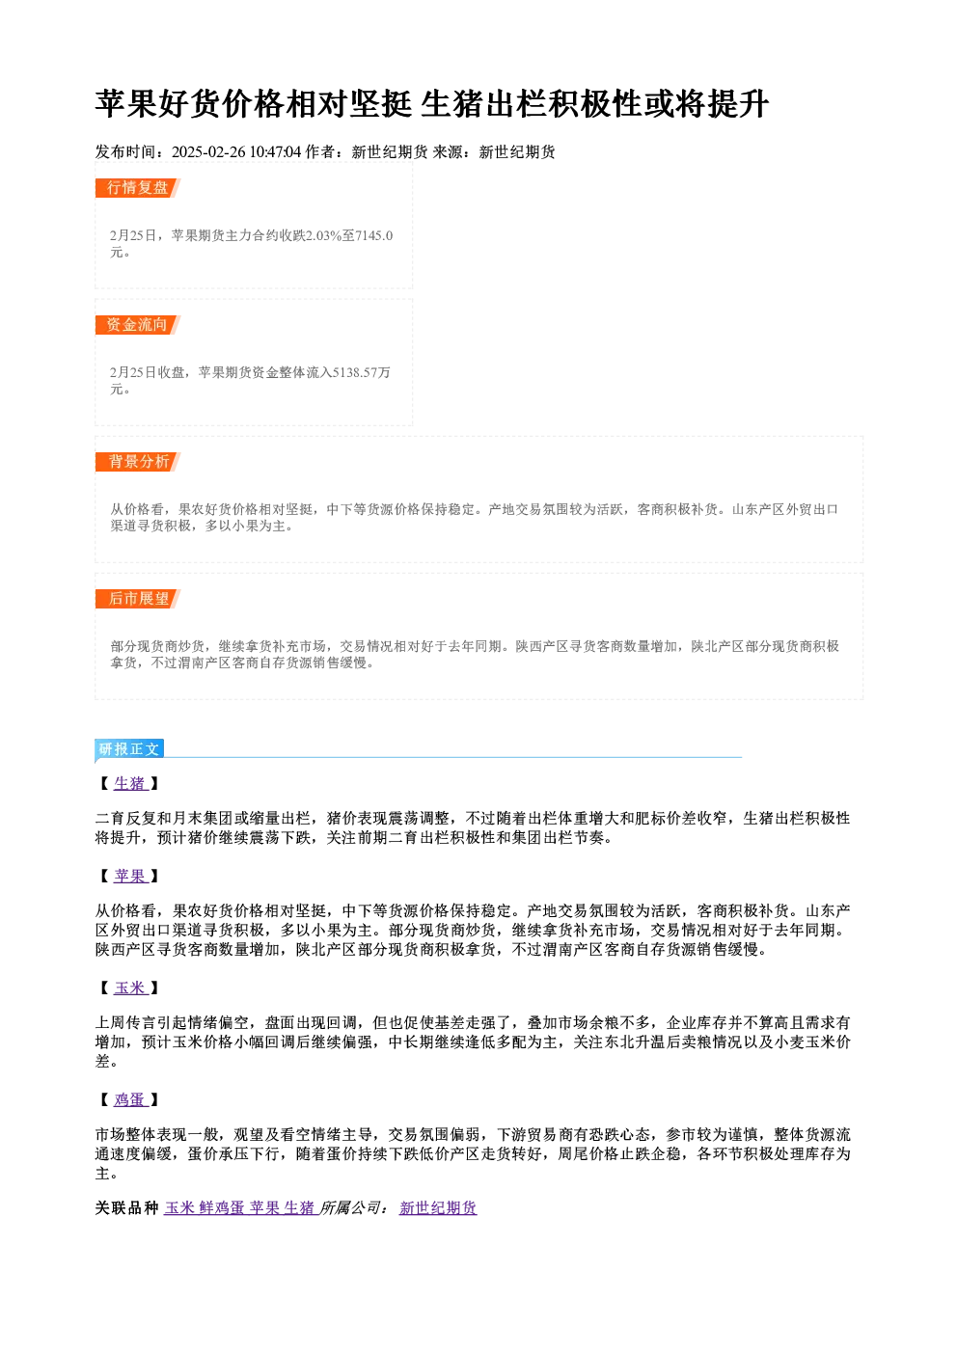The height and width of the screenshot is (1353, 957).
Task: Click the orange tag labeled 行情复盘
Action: click(x=137, y=188)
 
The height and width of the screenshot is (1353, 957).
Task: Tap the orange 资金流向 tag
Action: click(x=137, y=325)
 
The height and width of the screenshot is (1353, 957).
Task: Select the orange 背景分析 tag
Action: click(x=137, y=462)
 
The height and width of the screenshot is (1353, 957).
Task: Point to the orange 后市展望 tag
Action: click(x=137, y=599)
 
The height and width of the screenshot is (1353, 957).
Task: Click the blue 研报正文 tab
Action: click(x=129, y=749)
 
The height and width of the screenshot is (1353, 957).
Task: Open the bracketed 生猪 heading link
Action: click(x=129, y=783)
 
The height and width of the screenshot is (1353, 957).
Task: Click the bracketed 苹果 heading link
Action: click(x=129, y=876)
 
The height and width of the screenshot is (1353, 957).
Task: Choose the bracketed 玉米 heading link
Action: click(x=129, y=988)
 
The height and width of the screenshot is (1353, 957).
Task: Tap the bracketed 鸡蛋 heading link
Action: click(x=129, y=1099)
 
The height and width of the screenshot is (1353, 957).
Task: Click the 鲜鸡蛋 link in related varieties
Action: click(x=222, y=1207)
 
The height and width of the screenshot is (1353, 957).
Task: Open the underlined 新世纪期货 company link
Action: click(x=438, y=1207)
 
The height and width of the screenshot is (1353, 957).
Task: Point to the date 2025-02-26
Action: click(x=208, y=151)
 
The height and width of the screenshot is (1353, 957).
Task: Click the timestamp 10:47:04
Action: click(x=275, y=151)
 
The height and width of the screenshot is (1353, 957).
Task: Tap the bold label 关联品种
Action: click(x=127, y=1207)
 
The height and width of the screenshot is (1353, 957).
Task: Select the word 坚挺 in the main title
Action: click(x=381, y=104)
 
